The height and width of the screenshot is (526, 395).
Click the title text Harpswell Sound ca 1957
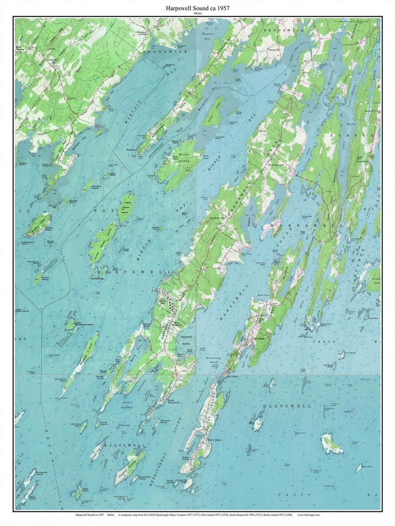(x=197, y=8)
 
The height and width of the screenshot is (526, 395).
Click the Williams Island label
(x=96, y=187)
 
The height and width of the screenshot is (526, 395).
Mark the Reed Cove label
(x=263, y=295)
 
